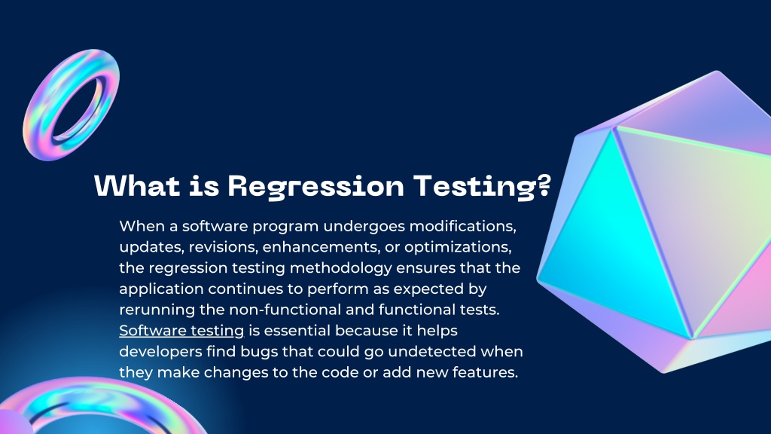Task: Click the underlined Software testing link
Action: pyautogui.click(x=181, y=330)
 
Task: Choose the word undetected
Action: pyautogui.click(x=437, y=351)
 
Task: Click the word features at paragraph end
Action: pyautogui.click(x=486, y=372)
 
